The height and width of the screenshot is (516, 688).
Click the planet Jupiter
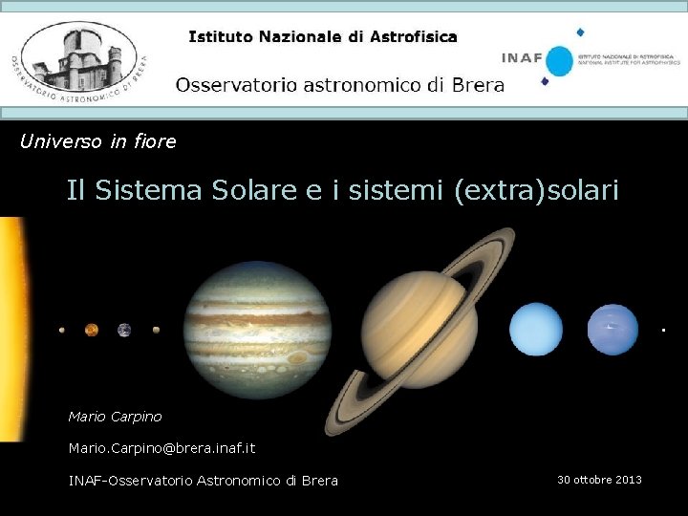click(257, 329)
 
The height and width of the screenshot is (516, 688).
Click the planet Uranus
click(536, 329)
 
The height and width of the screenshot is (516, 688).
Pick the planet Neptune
click(613, 329)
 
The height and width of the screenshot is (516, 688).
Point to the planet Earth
click(124, 330)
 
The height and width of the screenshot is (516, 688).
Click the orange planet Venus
click(92, 330)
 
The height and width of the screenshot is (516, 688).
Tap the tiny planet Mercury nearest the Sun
click(62, 331)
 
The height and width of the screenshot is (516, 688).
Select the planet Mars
click(156, 330)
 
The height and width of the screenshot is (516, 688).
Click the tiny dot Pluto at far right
click(663, 330)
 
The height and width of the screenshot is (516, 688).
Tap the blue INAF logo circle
click(559, 61)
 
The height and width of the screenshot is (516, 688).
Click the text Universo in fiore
click(98, 141)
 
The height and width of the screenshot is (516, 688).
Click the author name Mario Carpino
click(116, 417)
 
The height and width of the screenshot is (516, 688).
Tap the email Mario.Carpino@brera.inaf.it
click(161, 447)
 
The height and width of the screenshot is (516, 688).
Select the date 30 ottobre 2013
click(599, 480)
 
